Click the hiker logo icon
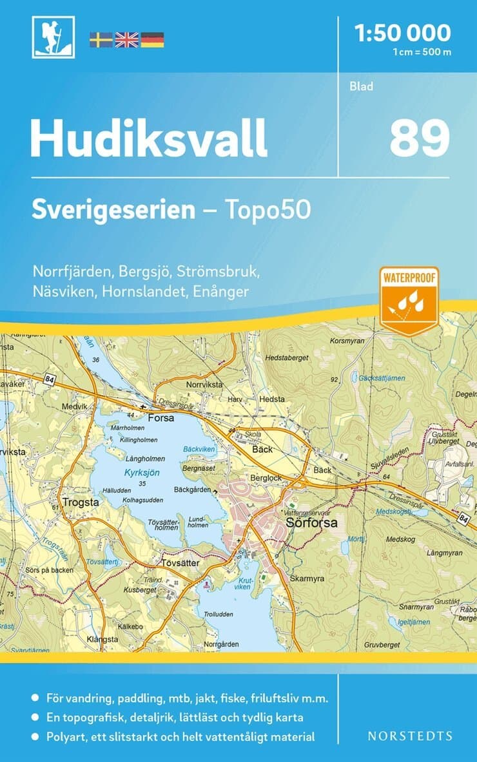click(x=53, y=37)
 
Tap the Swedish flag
click(x=101, y=40)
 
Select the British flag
click(x=126, y=40)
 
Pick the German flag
click(x=152, y=40)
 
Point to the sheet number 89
click(x=419, y=138)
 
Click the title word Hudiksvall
click(x=148, y=138)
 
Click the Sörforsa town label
click(x=312, y=522)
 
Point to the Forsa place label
click(x=161, y=417)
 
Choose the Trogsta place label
click(x=81, y=502)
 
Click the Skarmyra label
click(x=307, y=578)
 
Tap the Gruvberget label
click(x=382, y=644)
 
